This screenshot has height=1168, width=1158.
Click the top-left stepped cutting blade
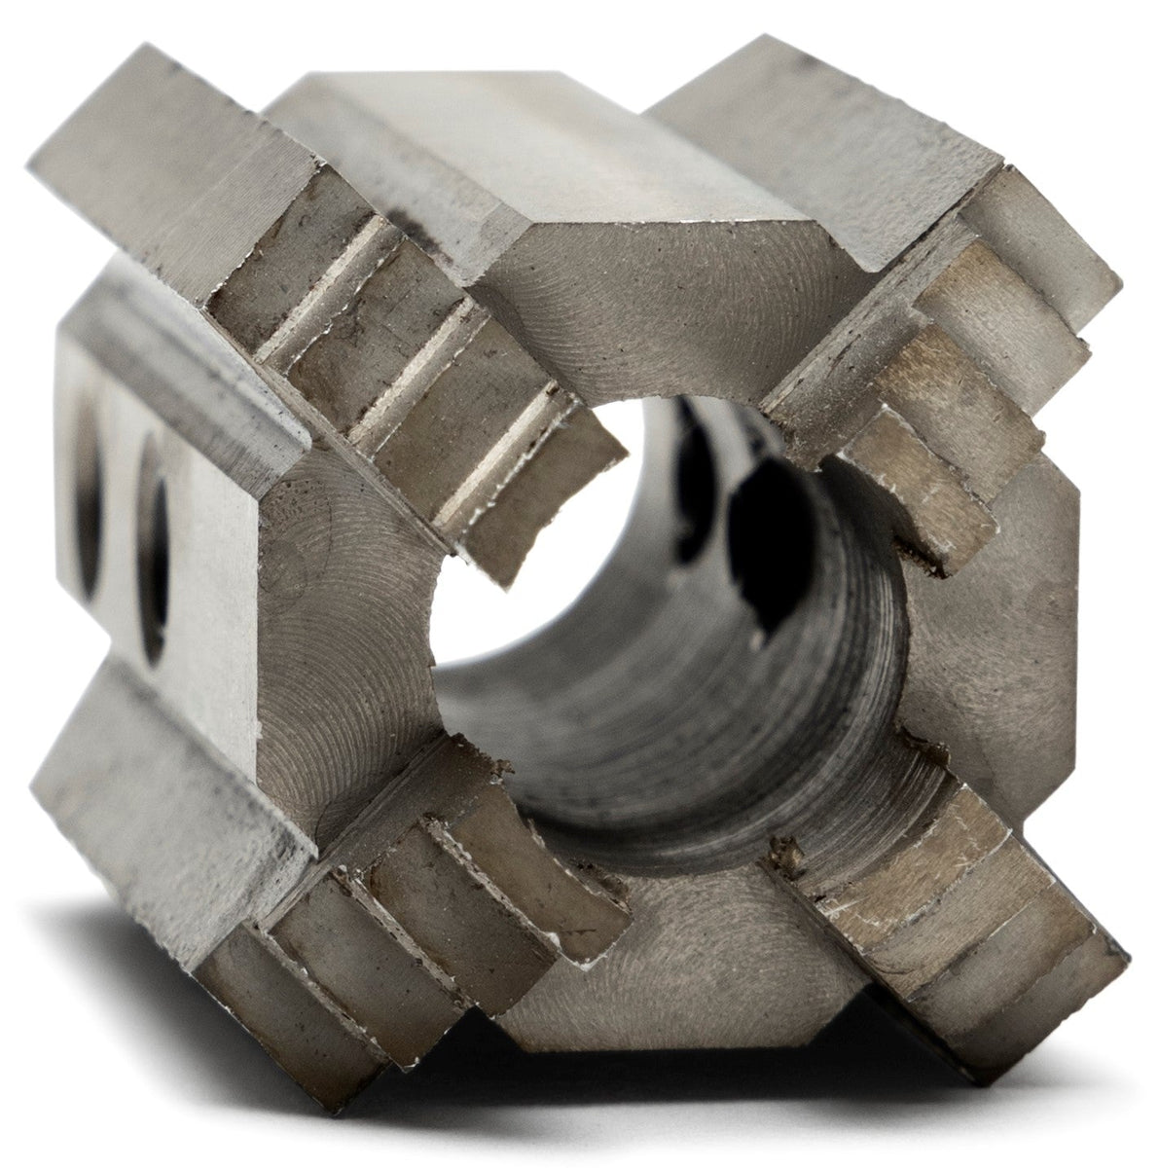pos(418,389)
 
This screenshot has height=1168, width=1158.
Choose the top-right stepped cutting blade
pos(934,389)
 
